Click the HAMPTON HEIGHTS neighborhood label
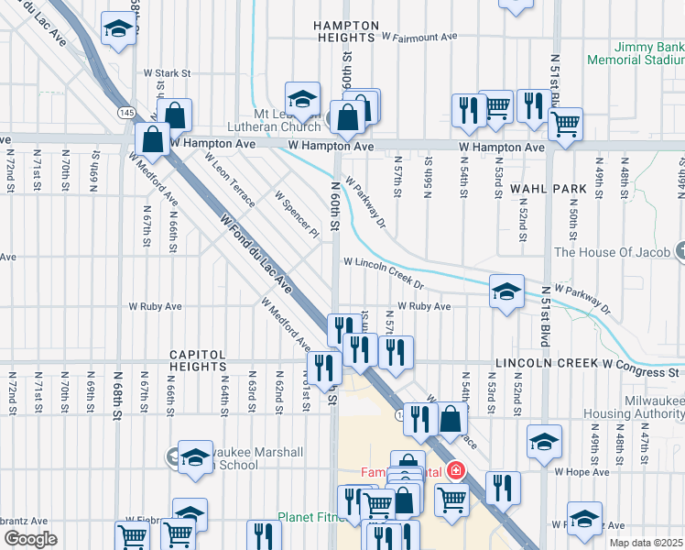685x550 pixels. point(345,31)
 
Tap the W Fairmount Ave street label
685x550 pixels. point(419,38)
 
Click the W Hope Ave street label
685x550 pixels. point(581,471)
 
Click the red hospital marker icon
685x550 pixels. point(454,472)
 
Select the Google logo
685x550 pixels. point(30,539)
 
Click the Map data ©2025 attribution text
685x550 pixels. point(646,543)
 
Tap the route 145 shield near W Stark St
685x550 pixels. point(125,111)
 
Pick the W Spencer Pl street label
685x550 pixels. point(297,214)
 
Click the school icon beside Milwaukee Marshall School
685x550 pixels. point(195,457)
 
